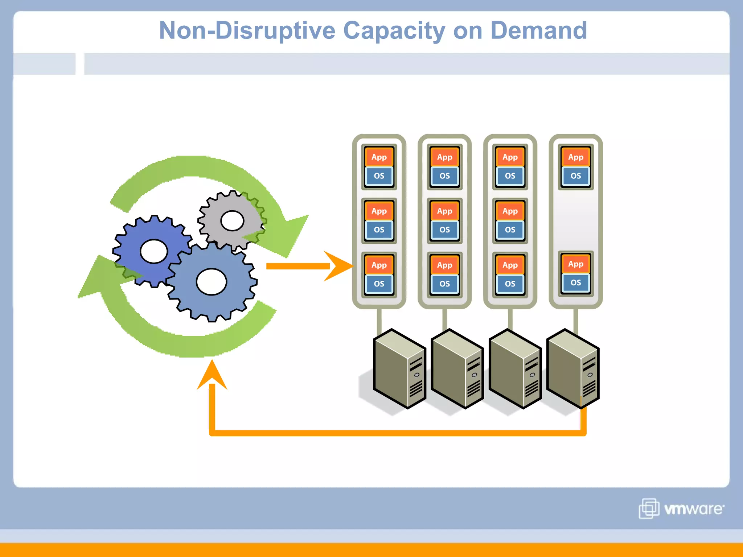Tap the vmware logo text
[693, 509]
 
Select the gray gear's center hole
[232, 221]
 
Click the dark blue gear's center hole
[154, 251]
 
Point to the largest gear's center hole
[212, 282]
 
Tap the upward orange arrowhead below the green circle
[212, 375]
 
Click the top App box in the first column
[379, 157]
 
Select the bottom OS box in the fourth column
[575, 282]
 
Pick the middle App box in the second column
[444, 211]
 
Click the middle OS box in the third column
[510, 230]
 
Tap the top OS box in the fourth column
[575, 176]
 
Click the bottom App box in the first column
[379, 265]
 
